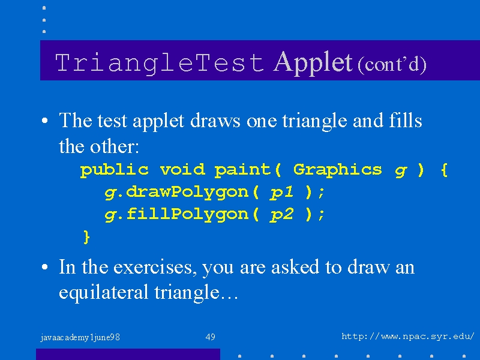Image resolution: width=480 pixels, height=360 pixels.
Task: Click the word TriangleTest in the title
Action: (x=160, y=63)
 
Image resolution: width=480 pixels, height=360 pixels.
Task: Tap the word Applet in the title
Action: (x=313, y=62)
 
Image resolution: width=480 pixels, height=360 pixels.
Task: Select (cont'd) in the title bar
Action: (x=392, y=64)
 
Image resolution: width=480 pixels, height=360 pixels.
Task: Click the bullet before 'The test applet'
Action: (x=44, y=121)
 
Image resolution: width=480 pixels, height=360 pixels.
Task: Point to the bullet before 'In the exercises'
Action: (x=44, y=267)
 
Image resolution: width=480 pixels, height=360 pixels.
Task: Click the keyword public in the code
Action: (x=115, y=170)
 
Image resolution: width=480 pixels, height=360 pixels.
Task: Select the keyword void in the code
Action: (x=182, y=169)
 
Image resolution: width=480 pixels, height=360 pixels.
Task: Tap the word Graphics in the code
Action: (x=338, y=170)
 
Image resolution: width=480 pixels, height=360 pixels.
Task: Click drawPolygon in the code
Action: (x=187, y=193)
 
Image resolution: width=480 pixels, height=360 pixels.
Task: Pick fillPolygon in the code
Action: (x=187, y=214)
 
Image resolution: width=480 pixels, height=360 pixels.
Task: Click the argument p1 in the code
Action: (x=281, y=193)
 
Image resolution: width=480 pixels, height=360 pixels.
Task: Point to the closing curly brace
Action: (x=86, y=237)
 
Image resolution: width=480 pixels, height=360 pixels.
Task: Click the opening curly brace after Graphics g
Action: (x=445, y=170)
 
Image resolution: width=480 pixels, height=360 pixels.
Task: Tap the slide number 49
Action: (x=211, y=337)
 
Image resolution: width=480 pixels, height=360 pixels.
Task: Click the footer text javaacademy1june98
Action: (x=80, y=338)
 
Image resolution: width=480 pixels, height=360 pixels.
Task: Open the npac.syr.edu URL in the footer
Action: (x=408, y=337)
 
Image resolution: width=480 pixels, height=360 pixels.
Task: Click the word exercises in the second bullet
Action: (x=155, y=267)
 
